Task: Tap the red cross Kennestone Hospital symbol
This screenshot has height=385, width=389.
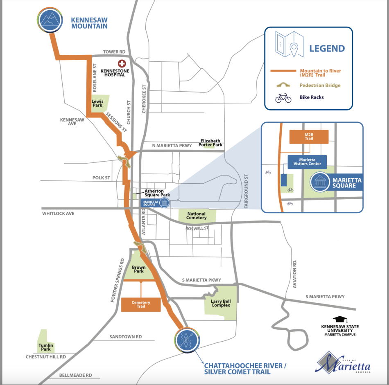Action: tap(122, 63)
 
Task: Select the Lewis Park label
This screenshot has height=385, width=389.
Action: tap(97, 103)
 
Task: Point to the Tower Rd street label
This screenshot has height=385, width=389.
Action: tap(114, 52)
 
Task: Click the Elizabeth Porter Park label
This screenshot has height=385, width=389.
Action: tap(210, 143)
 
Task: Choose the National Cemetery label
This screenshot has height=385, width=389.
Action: tap(197, 216)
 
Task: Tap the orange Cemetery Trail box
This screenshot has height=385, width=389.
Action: tap(141, 304)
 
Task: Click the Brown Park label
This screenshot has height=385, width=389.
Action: tap(138, 269)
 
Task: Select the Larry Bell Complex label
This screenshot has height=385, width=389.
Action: tap(221, 303)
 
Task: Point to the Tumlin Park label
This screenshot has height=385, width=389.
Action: tap(46, 347)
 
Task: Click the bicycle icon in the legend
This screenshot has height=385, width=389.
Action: tap(283, 98)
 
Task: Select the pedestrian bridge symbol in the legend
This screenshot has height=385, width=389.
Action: tap(283, 85)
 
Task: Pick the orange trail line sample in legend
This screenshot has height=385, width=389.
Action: tap(283, 71)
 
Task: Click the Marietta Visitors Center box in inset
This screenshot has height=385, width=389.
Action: tap(307, 162)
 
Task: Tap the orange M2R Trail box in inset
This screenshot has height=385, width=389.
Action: tap(309, 137)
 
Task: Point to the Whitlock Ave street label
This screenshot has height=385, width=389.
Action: tap(59, 214)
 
